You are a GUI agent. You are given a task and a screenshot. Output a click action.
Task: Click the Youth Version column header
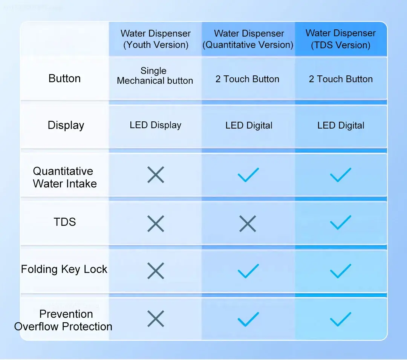point(156,39)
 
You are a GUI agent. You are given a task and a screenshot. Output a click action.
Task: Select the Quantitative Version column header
point(248,39)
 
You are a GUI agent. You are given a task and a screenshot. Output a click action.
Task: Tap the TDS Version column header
point(341,39)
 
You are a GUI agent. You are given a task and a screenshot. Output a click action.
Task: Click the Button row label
point(65,78)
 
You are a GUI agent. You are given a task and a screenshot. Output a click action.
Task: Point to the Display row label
point(66,126)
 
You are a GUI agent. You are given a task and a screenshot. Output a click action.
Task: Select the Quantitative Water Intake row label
point(65,177)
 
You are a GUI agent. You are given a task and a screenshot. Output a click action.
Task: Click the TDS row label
point(65,222)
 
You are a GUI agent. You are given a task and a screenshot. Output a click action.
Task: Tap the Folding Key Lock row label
point(64,269)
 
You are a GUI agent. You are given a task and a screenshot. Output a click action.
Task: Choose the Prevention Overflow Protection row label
point(63,320)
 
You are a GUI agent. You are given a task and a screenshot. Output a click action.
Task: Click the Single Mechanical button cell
point(155,75)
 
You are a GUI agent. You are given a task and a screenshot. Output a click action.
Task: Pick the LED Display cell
point(156,125)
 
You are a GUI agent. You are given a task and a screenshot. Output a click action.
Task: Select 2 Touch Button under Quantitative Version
point(247,79)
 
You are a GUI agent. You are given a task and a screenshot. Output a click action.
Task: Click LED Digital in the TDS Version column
point(341,126)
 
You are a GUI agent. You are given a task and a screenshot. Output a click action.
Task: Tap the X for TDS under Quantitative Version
point(248,224)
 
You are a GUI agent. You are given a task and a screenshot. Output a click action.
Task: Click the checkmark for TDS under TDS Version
point(341,222)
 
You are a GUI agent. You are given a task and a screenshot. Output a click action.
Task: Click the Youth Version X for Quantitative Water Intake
point(156,175)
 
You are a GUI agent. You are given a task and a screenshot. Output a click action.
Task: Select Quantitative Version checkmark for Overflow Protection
point(248,319)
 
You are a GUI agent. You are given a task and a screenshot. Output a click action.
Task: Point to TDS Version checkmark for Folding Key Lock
point(341,271)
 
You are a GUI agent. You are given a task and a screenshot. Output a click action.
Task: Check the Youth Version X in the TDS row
point(156,224)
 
